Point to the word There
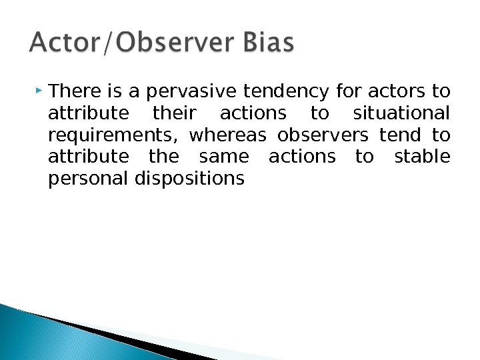[x=71, y=90]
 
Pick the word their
[x=171, y=113]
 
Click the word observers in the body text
[x=322, y=135]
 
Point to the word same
[x=223, y=157]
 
